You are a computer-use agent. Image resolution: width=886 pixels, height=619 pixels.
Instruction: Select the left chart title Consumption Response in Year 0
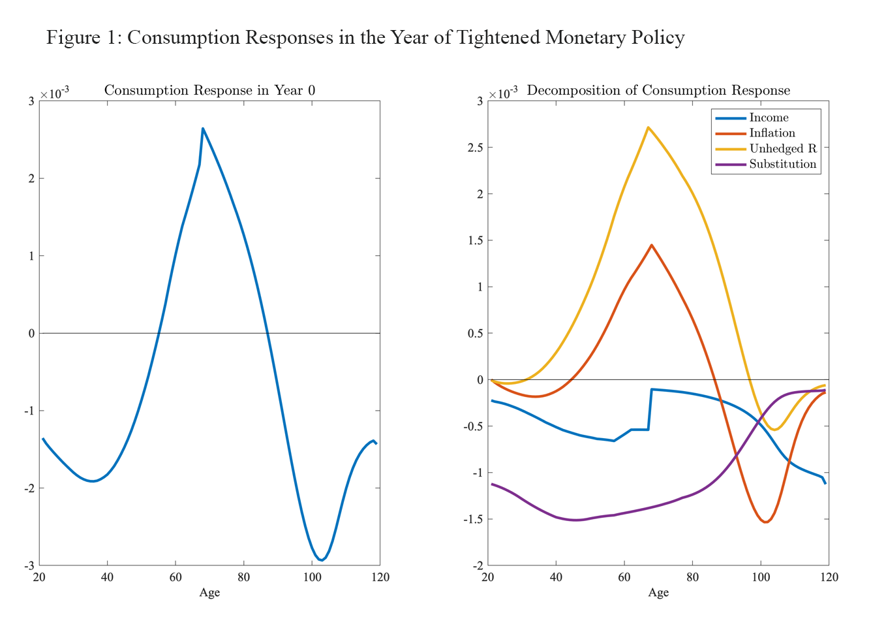pyautogui.click(x=209, y=90)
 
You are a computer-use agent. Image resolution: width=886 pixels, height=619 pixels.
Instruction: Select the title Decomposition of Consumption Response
pyautogui.click(x=658, y=90)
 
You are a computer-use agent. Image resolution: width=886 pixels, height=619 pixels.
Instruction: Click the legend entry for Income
pyautogui.click(x=769, y=118)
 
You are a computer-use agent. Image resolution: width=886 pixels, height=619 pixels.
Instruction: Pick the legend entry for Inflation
pyautogui.click(x=772, y=133)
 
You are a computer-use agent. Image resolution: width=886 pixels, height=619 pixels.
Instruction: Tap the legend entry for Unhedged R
pyautogui.click(x=782, y=149)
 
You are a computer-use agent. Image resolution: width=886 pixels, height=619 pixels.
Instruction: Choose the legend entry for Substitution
pyautogui.click(x=782, y=165)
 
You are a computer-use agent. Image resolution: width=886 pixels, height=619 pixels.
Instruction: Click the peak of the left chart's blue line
pyautogui.click(x=202, y=129)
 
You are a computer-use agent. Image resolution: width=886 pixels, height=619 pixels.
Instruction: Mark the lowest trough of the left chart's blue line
pyautogui.click(x=322, y=560)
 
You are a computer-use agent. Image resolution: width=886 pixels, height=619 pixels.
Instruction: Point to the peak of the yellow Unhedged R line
pyautogui.click(x=648, y=127)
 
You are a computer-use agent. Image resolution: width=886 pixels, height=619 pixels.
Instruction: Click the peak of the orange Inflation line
pyautogui.click(x=651, y=246)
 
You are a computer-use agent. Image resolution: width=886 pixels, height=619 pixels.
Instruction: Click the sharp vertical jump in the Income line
pyautogui.click(x=650, y=409)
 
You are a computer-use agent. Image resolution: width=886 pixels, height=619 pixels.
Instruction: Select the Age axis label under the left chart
pyautogui.click(x=209, y=592)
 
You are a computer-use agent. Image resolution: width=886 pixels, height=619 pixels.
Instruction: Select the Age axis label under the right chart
pyautogui.click(x=658, y=592)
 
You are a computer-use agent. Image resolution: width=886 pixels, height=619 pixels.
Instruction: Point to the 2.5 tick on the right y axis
pyautogui.click(x=476, y=148)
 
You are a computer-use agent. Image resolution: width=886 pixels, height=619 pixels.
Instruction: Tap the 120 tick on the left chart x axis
pyautogui.click(x=380, y=577)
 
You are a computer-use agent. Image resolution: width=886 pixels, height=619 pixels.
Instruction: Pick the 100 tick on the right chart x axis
pyautogui.click(x=760, y=577)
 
